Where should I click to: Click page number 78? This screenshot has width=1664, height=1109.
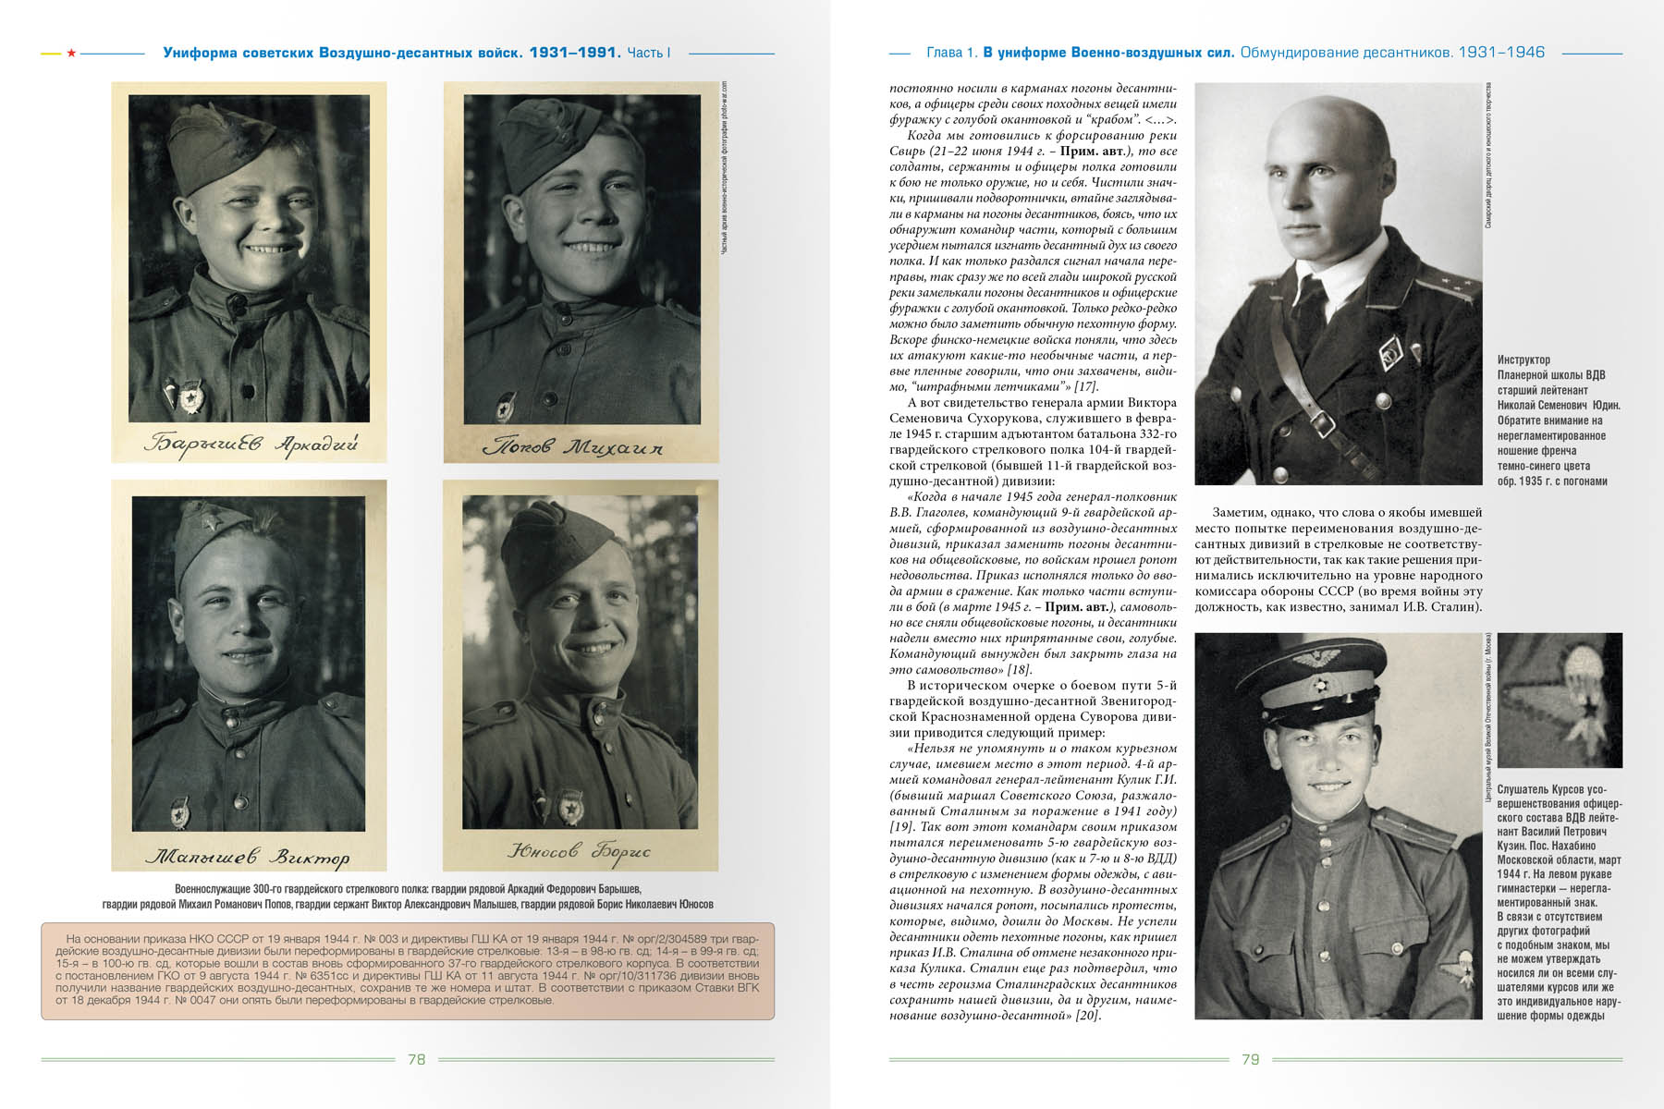coord(417,1059)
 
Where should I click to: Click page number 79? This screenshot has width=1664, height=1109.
coord(1250,1059)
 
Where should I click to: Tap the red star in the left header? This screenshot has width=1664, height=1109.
coord(71,53)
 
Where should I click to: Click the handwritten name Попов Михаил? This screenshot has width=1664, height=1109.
coord(573,447)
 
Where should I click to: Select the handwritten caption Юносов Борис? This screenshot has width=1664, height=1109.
coord(580,850)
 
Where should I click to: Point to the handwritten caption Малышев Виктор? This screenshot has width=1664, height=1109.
coord(248,857)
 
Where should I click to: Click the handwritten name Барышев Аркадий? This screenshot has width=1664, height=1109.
coord(250,444)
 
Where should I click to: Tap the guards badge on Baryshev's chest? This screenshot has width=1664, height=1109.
coord(192,396)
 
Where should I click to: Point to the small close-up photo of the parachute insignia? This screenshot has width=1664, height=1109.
coord(1560,700)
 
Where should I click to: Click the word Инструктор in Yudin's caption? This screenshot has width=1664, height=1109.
coord(1523,360)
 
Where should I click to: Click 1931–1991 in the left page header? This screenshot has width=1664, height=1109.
coord(574,53)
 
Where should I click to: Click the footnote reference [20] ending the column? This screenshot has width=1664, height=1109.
coord(1087,1016)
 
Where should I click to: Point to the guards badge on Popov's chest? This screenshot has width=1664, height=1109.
coord(506,408)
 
